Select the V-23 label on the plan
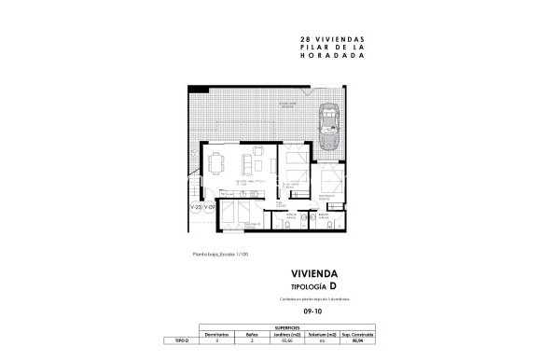196,207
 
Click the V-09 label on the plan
210,207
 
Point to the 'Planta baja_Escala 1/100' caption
220,253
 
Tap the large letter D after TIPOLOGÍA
333,285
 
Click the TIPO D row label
182,342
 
